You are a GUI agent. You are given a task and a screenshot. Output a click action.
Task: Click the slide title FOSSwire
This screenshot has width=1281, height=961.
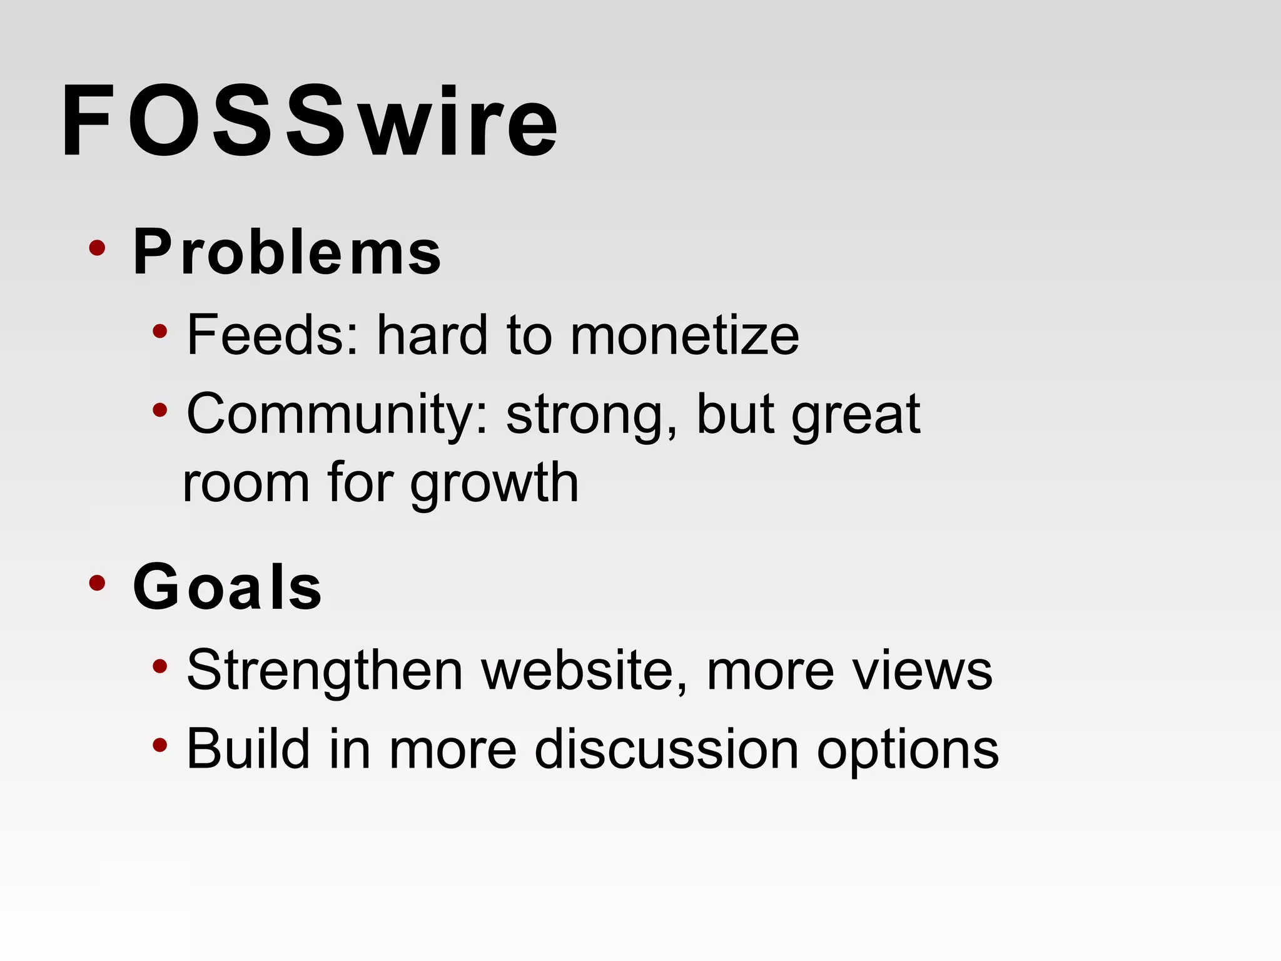click(x=310, y=122)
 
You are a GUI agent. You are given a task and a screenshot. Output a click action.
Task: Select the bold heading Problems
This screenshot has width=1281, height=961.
click(x=287, y=252)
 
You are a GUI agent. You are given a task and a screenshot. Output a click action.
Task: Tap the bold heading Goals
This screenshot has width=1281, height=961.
click(x=228, y=586)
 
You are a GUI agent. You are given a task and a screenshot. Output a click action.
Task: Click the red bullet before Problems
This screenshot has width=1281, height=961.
click(x=97, y=248)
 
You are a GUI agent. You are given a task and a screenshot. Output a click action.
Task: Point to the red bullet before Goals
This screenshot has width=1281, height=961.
click(x=97, y=583)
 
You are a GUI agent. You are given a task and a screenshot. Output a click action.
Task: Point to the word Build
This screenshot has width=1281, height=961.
click(x=248, y=748)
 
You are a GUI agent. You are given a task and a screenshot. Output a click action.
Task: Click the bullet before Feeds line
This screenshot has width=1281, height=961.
click(x=160, y=331)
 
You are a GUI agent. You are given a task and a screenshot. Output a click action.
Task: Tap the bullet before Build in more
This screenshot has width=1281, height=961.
click(x=160, y=745)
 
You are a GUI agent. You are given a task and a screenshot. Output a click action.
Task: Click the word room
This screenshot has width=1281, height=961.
click(x=246, y=483)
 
